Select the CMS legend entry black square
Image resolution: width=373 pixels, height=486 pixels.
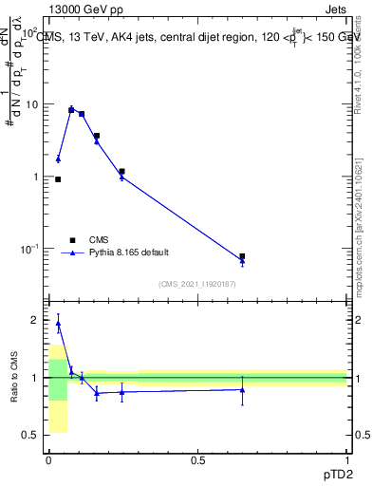(x=72, y=240)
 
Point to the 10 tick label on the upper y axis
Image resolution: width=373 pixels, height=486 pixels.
(x=32, y=104)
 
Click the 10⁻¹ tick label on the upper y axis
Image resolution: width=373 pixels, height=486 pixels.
(x=29, y=249)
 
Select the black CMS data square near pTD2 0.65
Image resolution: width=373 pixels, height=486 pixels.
(x=242, y=256)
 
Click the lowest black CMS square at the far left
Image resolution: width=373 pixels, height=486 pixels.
(x=58, y=179)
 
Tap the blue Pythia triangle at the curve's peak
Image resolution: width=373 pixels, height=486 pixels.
(x=71, y=109)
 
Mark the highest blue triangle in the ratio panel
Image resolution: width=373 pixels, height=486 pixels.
(x=58, y=323)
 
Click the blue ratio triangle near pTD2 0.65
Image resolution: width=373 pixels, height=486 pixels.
(x=242, y=389)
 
